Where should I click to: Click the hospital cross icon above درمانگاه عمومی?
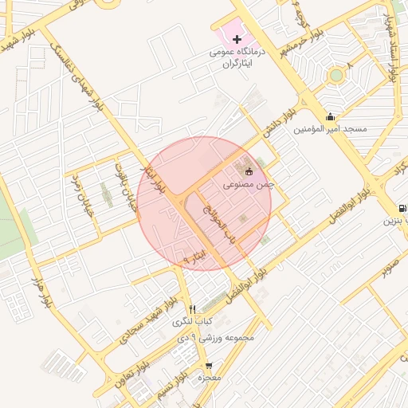pos(237,39)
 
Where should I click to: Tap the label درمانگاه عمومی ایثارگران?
pos(237,57)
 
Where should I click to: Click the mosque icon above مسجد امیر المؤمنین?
pos(330,117)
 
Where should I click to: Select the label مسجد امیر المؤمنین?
pos(330,128)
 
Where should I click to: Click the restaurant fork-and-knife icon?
pos(192,309)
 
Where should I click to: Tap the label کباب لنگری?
pos(192,322)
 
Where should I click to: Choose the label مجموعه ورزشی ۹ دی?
pos(218,337)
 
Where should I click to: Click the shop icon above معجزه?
pos(210,367)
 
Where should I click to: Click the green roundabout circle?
pos(336,76)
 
